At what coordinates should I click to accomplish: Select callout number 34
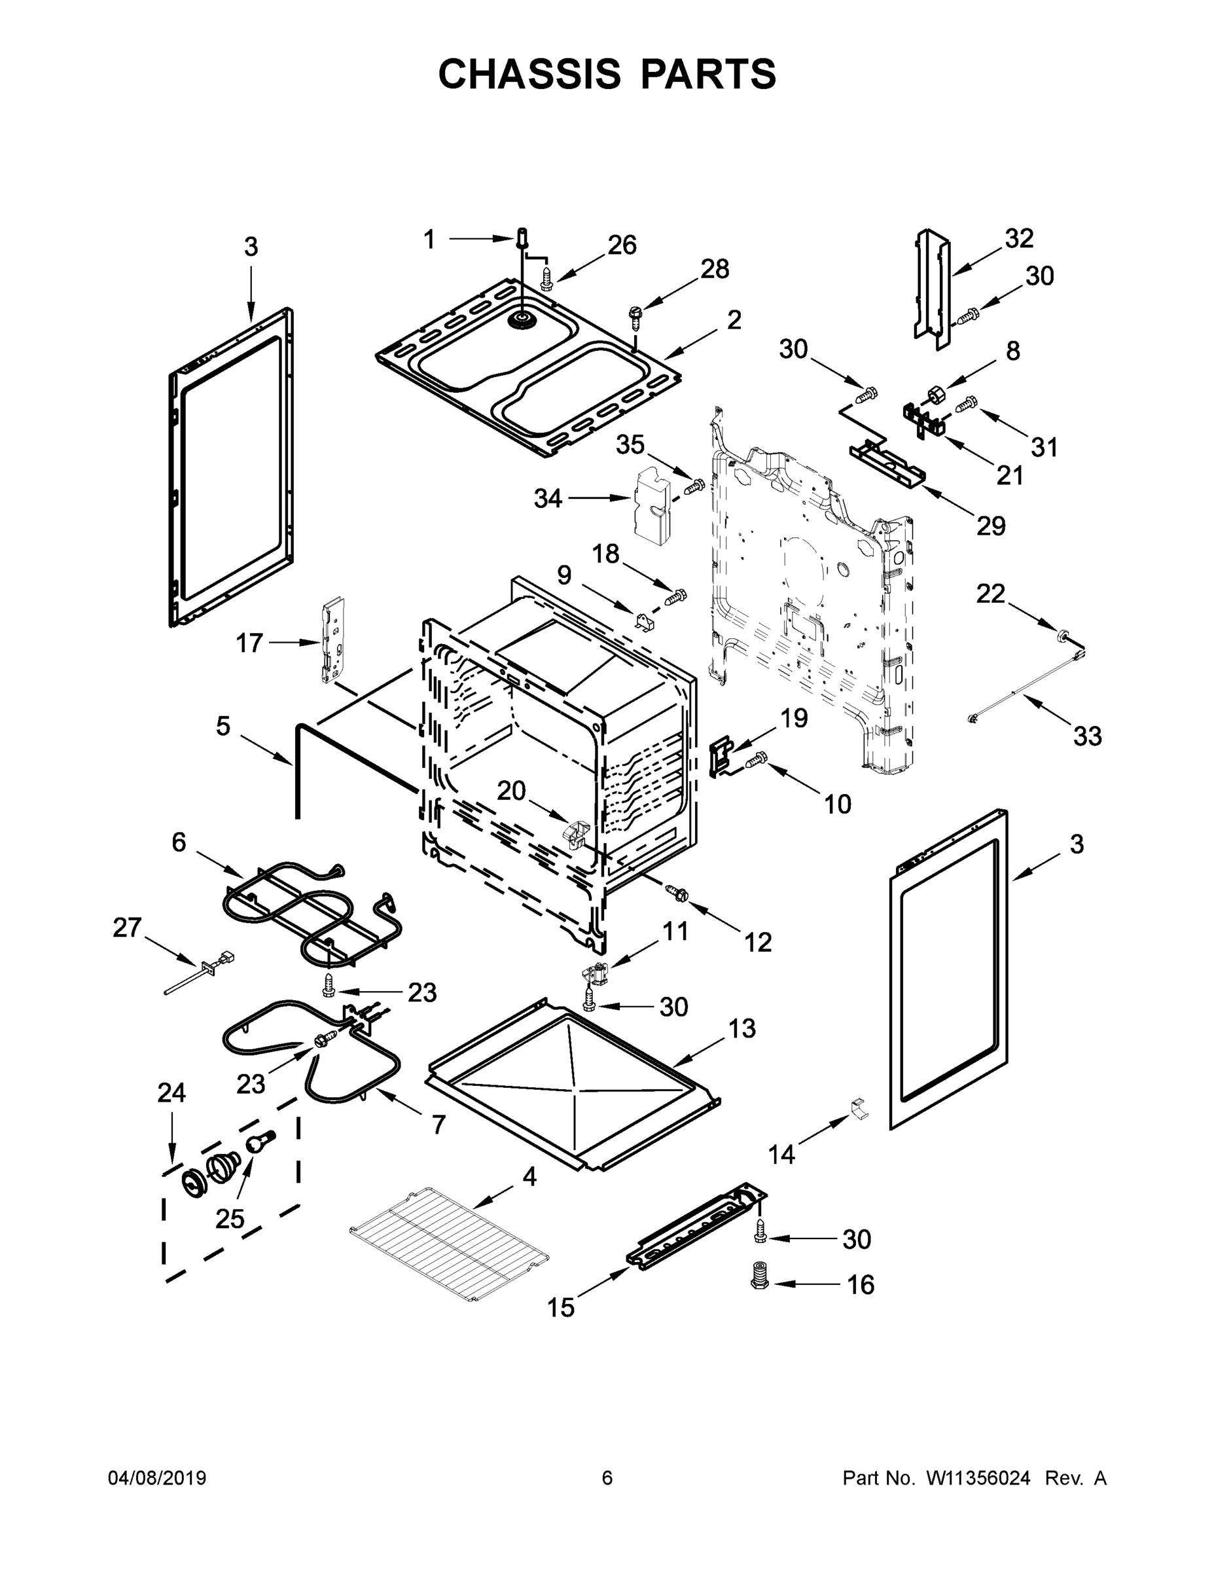pyautogui.click(x=547, y=497)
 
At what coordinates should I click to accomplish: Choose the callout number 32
pyautogui.click(x=1018, y=238)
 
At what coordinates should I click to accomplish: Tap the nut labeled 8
pyautogui.click(x=937, y=394)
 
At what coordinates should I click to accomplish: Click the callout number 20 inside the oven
pyautogui.click(x=511, y=791)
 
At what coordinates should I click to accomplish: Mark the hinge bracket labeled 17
pyautogui.click(x=332, y=640)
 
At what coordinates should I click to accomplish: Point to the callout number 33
pyautogui.click(x=1086, y=736)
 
